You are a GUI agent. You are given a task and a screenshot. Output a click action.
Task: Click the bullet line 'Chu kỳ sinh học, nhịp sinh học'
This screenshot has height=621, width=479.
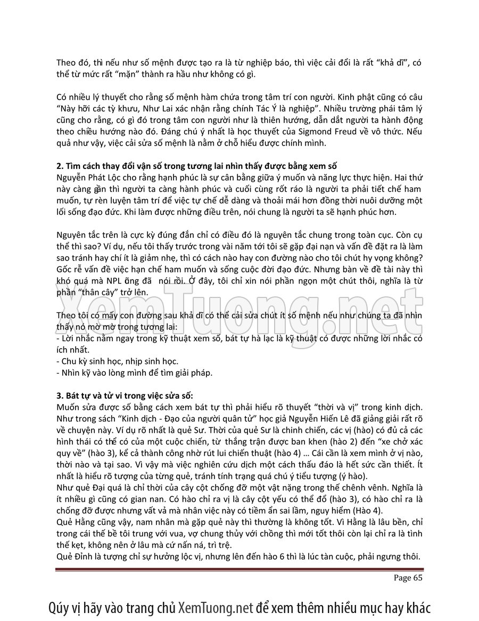click(117, 361)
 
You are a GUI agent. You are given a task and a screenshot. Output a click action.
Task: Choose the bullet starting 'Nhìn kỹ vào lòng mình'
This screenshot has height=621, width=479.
click(134, 372)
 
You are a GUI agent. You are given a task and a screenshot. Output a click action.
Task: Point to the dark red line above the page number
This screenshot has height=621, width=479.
click(239, 570)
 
